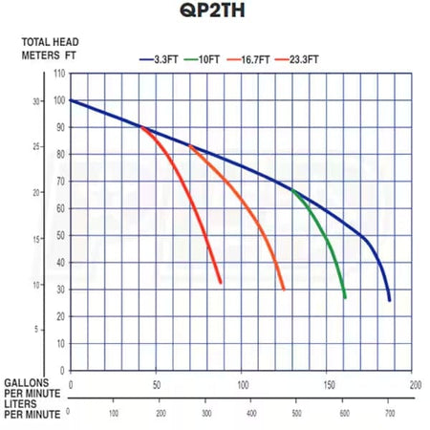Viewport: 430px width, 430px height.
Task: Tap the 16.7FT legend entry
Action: point(256,59)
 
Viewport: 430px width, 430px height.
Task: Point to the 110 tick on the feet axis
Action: point(59,74)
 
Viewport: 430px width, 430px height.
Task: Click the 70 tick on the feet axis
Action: point(59,181)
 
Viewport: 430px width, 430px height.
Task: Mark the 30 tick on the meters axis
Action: point(38,101)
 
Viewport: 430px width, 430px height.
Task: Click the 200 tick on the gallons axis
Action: point(416,384)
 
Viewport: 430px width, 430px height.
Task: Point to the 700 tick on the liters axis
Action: point(390,413)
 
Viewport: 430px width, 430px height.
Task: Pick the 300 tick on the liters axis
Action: point(206,413)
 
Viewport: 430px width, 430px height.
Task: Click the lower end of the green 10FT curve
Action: point(345,298)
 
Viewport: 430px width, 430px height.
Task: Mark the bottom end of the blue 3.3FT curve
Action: point(390,300)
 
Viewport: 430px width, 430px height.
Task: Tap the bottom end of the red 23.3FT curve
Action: point(221,282)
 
